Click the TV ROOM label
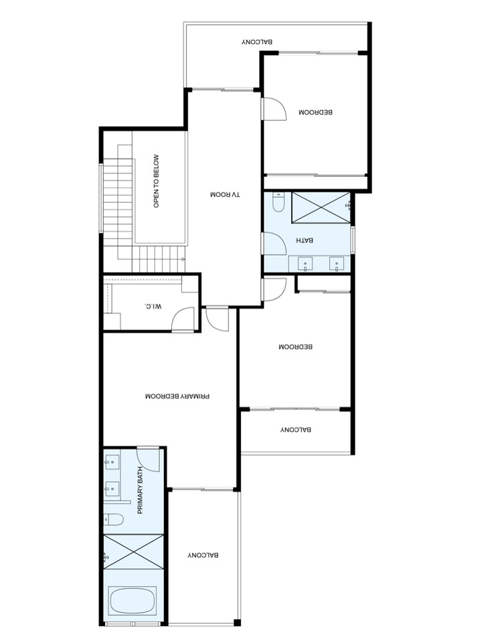click(x=225, y=194)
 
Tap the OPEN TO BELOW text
click(x=156, y=181)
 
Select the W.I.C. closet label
click(x=153, y=305)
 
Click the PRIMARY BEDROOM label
click(x=177, y=397)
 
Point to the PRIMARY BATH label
click(x=140, y=490)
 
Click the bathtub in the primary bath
click(x=133, y=601)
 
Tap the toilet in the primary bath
click(x=114, y=520)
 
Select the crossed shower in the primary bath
click(x=133, y=551)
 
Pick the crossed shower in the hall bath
click(x=321, y=208)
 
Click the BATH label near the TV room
click(x=305, y=240)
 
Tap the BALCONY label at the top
click(x=257, y=42)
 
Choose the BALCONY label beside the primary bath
click(x=203, y=555)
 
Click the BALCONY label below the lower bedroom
click(x=295, y=430)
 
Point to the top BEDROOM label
click(x=315, y=112)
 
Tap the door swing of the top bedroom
click(x=274, y=109)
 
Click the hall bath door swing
click(x=274, y=244)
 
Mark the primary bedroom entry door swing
click(x=216, y=319)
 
